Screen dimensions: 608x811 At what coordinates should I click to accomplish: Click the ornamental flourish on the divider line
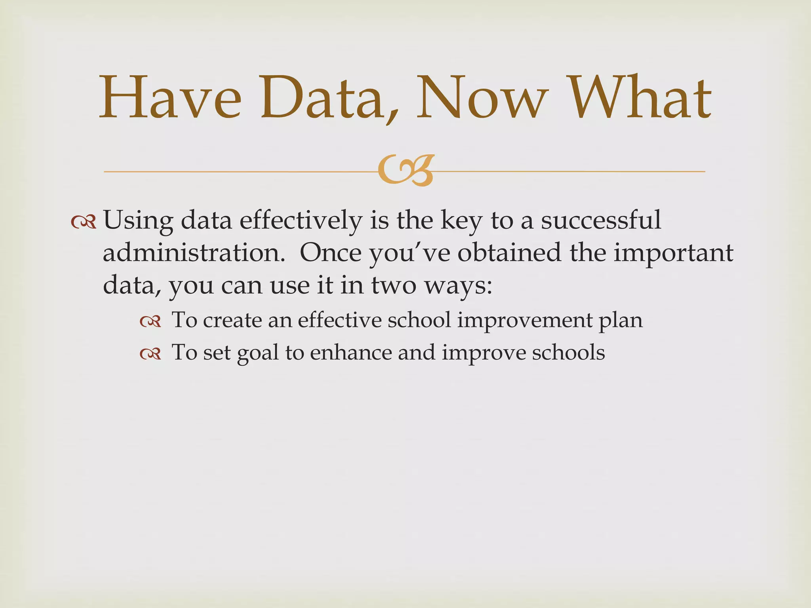coord(405,171)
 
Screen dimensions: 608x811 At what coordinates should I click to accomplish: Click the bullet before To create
coord(150,321)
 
